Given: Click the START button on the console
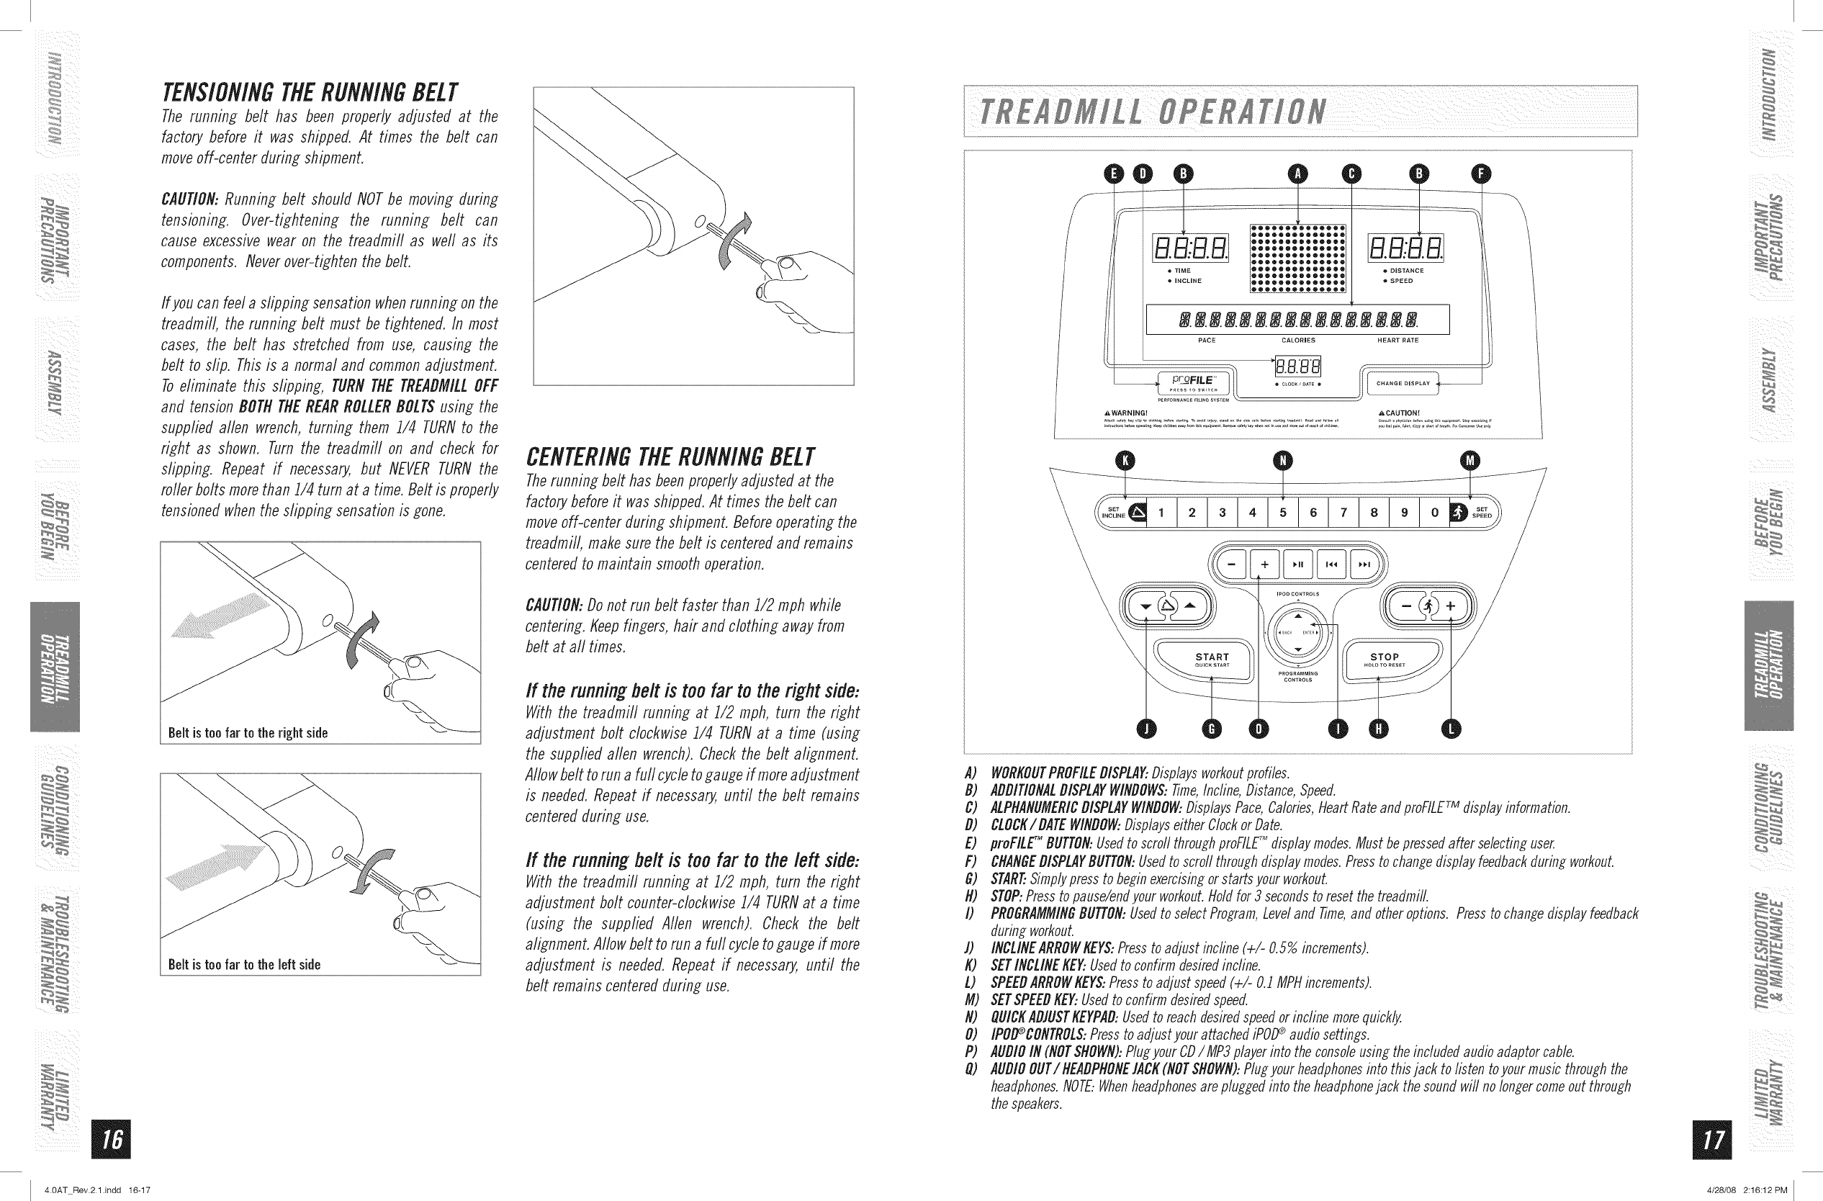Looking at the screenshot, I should pos(1212,659).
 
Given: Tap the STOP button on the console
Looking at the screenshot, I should pos(1384,659).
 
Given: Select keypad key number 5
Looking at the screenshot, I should pos(1283,513).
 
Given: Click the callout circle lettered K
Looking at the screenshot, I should pos(1125,460).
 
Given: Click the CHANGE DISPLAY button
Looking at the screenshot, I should pos(1403,384).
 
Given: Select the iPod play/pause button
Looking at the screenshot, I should pos(1297,565).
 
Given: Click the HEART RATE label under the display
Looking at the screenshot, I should pos(1398,341).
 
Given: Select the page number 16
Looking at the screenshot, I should pos(111,1140).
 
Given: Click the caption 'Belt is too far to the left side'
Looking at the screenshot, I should pos(244,965).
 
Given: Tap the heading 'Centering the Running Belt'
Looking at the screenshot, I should pos(670,458).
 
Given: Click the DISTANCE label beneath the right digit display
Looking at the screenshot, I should pos(1406,271).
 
